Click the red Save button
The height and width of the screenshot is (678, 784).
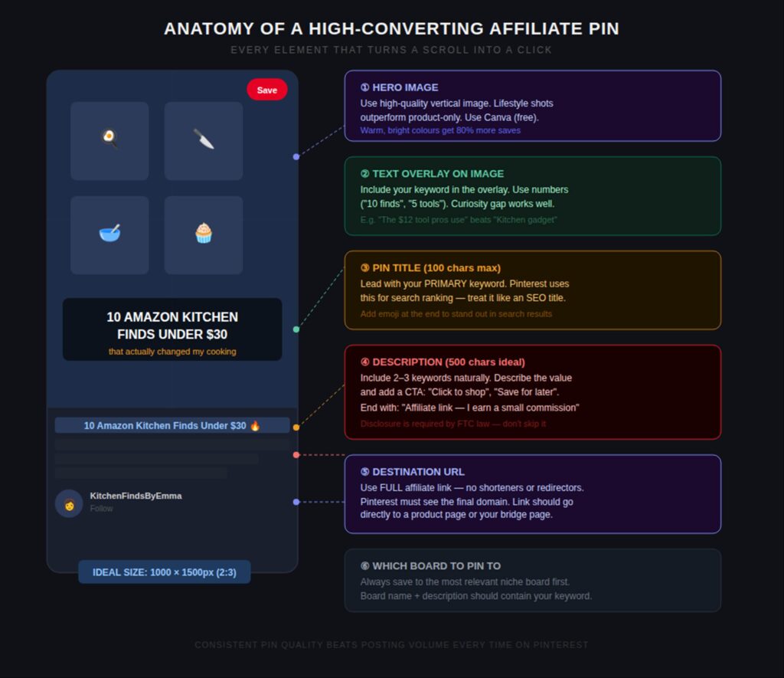[266, 90]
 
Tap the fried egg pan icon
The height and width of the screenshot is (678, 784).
[109, 139]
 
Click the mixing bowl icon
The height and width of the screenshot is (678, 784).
[109, 233]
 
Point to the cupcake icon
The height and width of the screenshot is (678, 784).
[203, 233]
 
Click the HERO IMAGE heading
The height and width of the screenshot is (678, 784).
[399, 87]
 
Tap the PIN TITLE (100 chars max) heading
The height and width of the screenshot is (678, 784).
[430, 268]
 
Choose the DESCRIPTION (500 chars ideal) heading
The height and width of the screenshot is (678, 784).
[443, 362]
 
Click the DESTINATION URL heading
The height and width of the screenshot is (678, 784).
[412, 472]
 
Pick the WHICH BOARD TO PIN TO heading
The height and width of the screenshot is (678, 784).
[430, 566]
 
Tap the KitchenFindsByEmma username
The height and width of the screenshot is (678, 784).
[136, 496]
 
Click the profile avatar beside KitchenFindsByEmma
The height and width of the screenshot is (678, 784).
[69, 503]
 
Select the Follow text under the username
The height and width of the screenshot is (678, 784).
[101, 509]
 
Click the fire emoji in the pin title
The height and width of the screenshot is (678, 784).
[255, 425]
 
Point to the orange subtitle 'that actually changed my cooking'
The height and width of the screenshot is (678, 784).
[172, 352]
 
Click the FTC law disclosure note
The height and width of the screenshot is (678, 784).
[452, 424]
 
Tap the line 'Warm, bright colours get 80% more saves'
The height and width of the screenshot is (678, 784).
[440, 130]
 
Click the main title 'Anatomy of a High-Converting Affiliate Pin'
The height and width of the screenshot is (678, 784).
[391, 29]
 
